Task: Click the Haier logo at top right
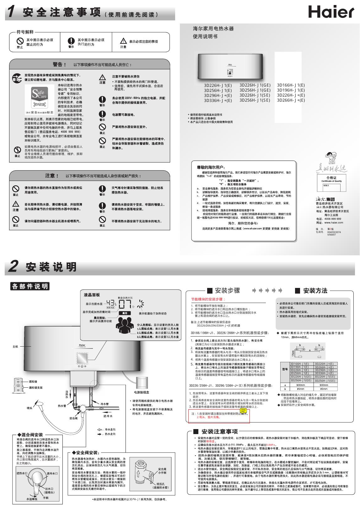(x=331, y=12)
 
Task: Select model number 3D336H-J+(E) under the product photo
(x=218, y=100)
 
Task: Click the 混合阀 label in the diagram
(x=73, y=418)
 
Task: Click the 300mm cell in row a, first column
(x=300, y=385)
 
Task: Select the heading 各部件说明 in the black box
(x=30, y=286)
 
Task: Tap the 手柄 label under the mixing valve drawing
(x=46, y=497)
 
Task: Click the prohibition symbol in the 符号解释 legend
(x=20, y=41)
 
